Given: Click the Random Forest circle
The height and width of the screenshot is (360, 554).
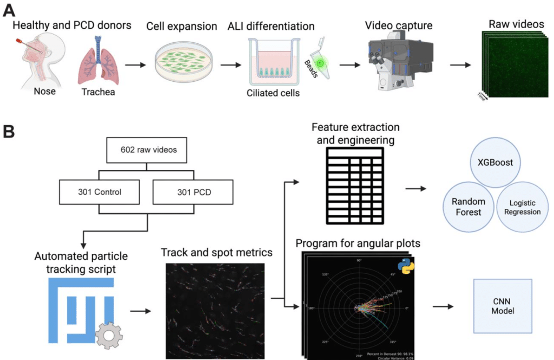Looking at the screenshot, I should click(469, 207).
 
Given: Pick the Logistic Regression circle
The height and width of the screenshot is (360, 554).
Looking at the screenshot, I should click(522, 207).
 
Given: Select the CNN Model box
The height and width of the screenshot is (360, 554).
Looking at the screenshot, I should click(502, 306).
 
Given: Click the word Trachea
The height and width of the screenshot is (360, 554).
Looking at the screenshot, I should click(97, 92).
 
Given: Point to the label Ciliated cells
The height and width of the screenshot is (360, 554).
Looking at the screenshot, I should click(273, 93).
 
